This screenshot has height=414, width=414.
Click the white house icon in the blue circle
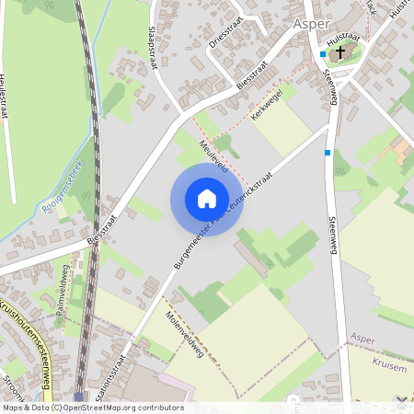207,198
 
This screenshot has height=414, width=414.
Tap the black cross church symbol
339,52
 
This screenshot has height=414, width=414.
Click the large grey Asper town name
312,25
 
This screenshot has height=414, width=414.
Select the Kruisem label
367,364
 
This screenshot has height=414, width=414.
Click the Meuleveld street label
215,158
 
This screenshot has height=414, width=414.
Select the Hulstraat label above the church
341,40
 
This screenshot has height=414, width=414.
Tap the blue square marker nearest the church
323,54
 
